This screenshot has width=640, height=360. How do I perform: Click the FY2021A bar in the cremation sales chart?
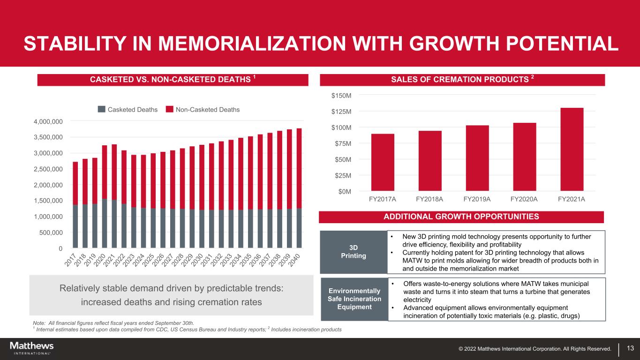tap(572, 149)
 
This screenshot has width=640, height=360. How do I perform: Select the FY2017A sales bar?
tap(383, 162)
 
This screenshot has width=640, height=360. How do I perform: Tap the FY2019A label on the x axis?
tap(477, 199)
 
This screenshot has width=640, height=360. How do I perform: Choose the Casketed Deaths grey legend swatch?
tap(102, 109)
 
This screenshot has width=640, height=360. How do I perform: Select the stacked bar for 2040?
tap(299, 187)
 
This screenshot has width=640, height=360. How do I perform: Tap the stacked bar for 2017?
tap(75, 204)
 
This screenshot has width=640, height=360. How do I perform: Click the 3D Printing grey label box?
tap(354, 252)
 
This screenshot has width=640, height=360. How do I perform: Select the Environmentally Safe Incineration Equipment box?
tap(354, 299)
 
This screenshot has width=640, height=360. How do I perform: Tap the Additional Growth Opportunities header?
tap(461, 217)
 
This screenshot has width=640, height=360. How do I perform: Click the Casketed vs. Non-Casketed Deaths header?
tap(173, 80)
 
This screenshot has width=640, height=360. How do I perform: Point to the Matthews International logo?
tap(31, 348)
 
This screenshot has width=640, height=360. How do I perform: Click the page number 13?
tap(630, 348)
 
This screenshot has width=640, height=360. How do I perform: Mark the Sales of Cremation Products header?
tap(462, 80)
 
